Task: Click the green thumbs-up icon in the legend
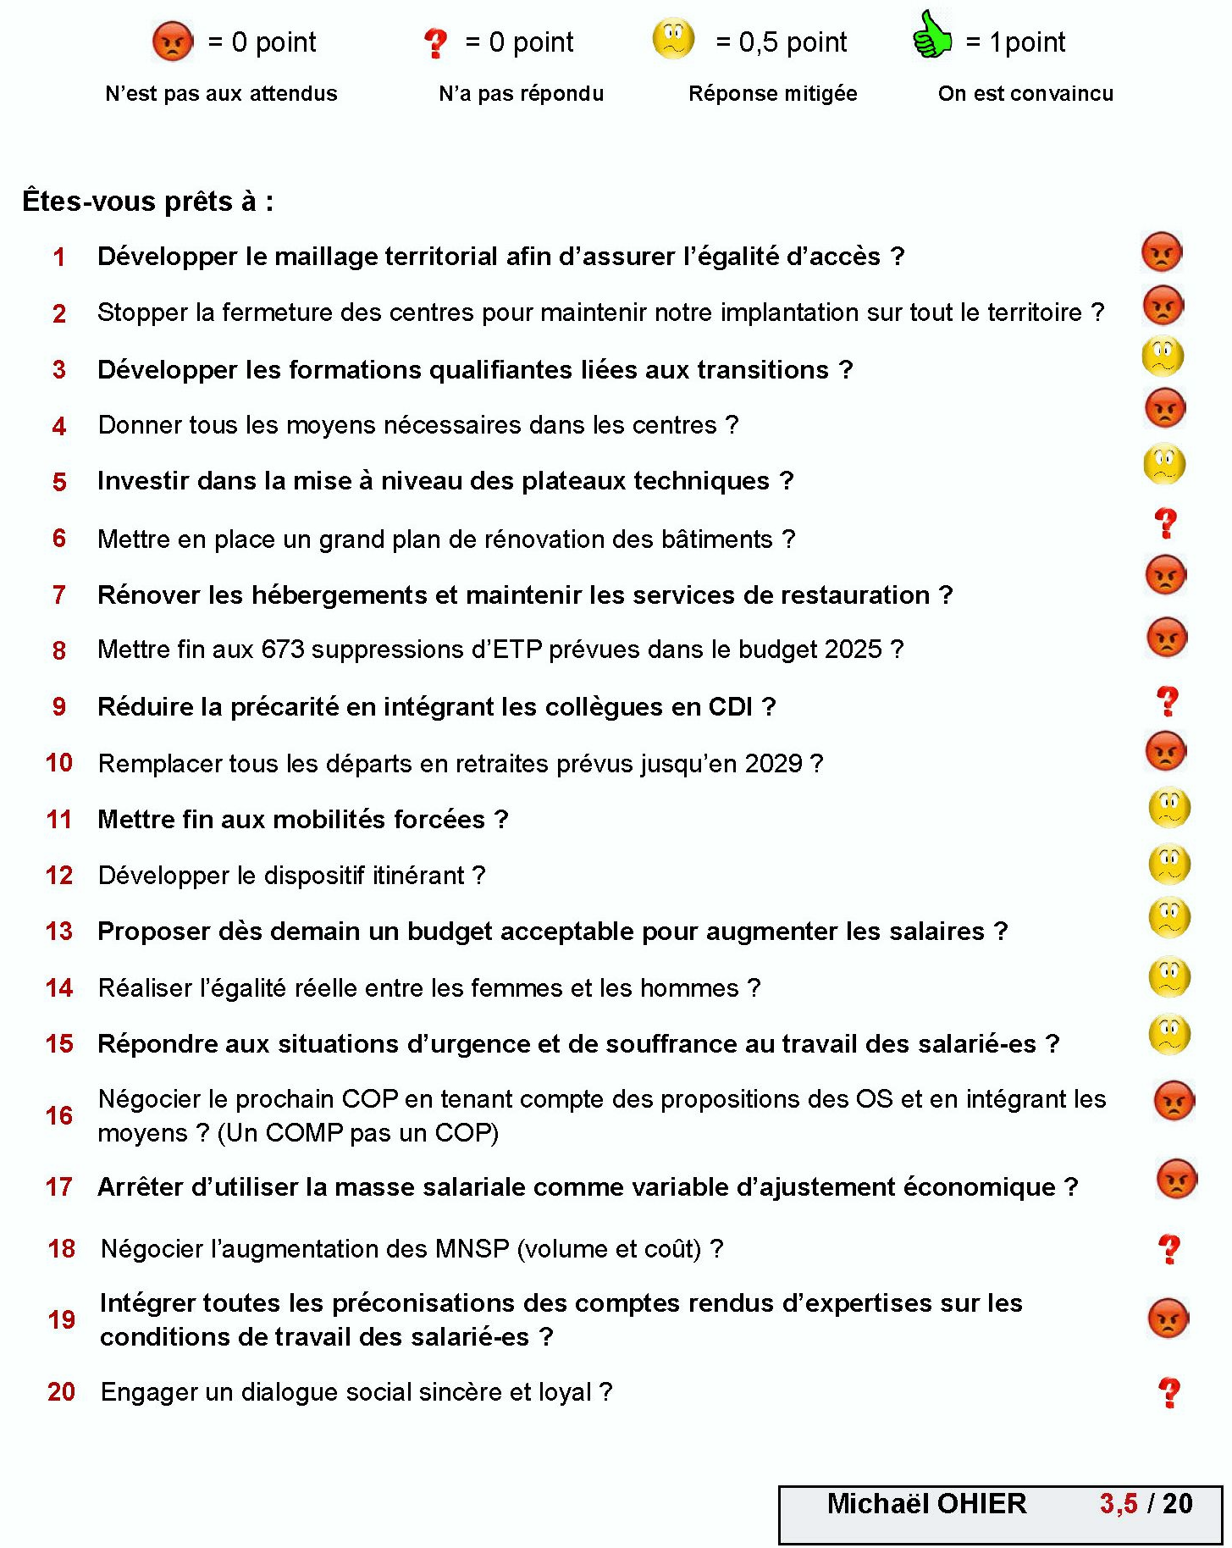pyautogui.click(x=932, y=36)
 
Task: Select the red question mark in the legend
pyautogui.click(x=435, y=42)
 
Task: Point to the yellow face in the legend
pyautogui.click(x=673, y=38)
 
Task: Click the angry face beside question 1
pyautogui.click(x=1162, y=252)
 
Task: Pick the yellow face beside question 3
pyautogui.click(x=1163, y=357)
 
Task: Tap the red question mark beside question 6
pyautogui.click(x=1166, y=523)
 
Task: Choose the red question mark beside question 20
pyautogui.click(x=1169, y=1392)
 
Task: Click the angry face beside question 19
pyautogui.click(x=1168, y=1319)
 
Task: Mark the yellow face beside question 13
pyautogui.click(x=1169, y=918)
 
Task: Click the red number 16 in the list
pyautogui.click(x=59, y=1115)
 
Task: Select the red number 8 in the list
pyautogui.click(x=59, y=650)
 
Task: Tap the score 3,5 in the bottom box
pyautogui.click(x=1119, y=1503)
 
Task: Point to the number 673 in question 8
pyautogui.click(x=283, y=650)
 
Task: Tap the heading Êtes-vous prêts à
pyautogui.click(x=147, y=202)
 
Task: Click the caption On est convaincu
pyautogui.click(x=1025, y=93)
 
